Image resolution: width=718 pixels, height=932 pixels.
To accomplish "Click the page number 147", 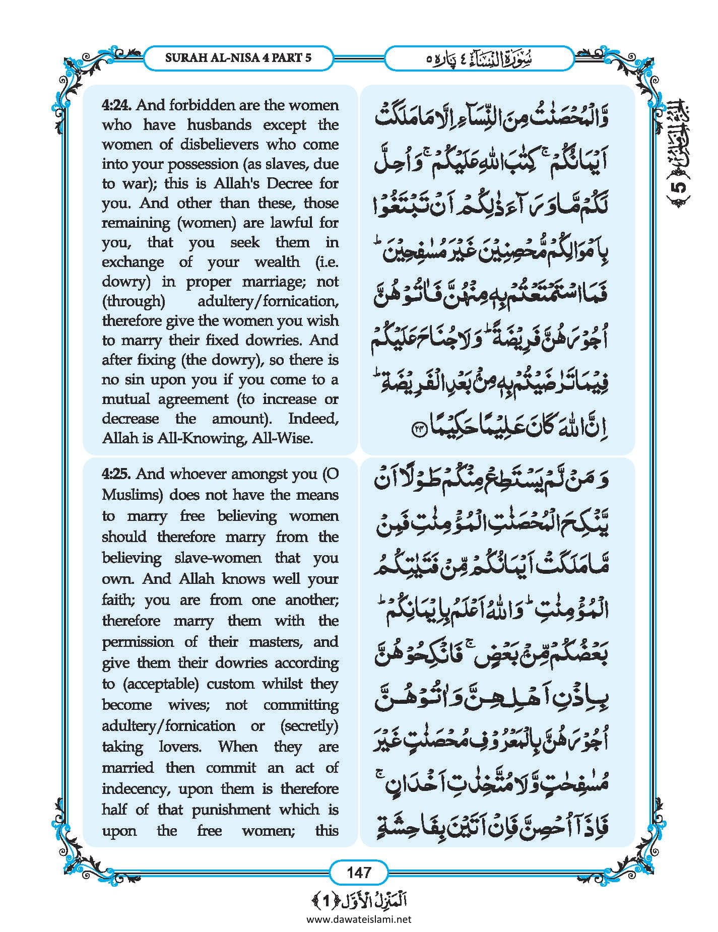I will tap(359, 872).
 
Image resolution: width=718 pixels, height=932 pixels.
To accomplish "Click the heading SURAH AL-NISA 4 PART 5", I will tap(238, 58).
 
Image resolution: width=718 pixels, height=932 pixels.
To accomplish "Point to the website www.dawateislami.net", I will tap(359, 919).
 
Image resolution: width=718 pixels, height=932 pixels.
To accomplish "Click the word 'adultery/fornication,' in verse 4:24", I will tap(268, 301).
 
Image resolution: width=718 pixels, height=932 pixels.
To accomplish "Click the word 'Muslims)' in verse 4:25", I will tap(132, 495).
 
